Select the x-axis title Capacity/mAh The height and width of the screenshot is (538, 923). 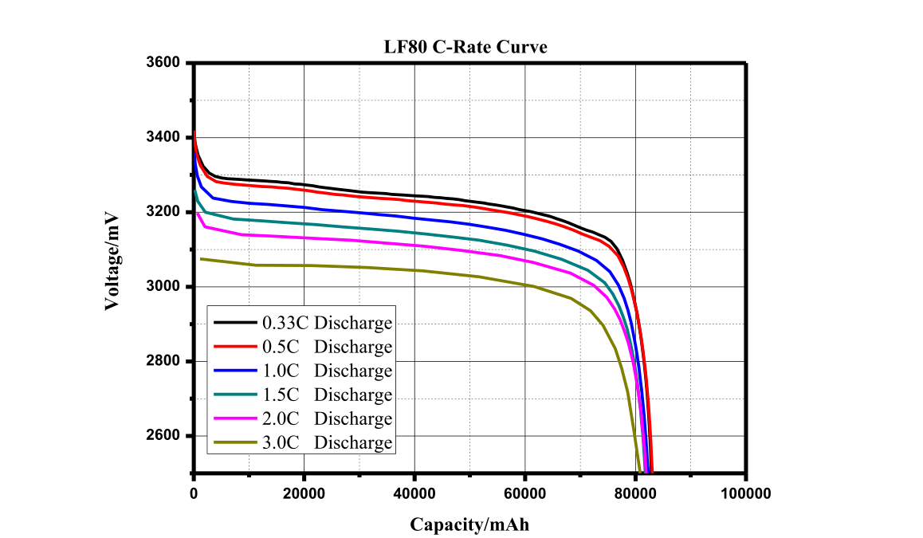[x=469, y=524]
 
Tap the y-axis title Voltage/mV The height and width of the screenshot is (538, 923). [x=112, y=261]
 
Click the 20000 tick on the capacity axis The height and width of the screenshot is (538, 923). [x=304, y=494]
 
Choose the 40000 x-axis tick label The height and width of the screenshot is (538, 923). [x=414, y=494]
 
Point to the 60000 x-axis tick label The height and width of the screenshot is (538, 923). [x=525, y=494]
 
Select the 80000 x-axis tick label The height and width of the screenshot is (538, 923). [x=636, y=494]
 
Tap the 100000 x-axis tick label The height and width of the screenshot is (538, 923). [x=746, y=494]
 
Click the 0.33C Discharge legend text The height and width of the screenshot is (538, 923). [x=327, y=323]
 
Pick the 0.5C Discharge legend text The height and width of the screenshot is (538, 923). [x=327, y=347]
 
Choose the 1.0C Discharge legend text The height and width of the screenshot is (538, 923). [x=327, y=371]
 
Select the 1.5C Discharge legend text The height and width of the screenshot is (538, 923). [x=327, y=395]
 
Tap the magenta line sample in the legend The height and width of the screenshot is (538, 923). [x=235, y=418]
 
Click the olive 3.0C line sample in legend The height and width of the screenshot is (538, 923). [x=235, y=442]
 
